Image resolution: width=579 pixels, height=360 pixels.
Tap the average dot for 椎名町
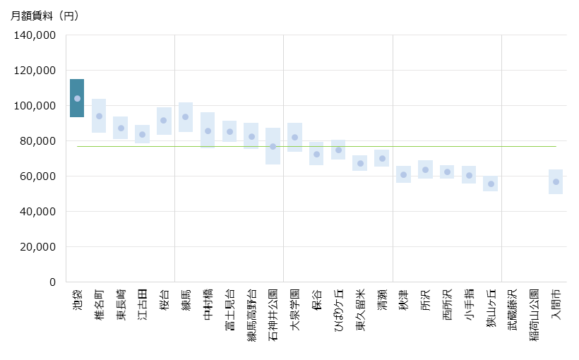99,116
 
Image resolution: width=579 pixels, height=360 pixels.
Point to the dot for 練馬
186,117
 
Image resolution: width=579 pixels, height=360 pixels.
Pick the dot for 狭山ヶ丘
491,184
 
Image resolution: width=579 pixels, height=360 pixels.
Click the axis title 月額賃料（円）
44,16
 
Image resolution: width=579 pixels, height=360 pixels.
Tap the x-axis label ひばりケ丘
338,308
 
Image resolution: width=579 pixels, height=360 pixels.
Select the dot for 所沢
425,169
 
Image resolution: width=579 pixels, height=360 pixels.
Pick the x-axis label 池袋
77,296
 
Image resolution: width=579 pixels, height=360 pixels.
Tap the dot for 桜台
164,121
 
